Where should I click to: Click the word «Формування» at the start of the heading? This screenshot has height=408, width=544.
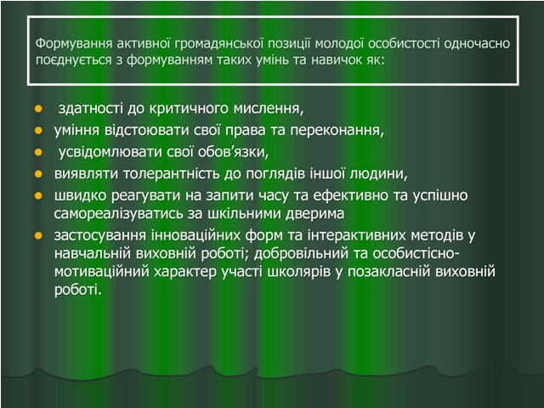pos(74,43)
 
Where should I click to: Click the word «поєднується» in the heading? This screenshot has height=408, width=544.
pos(74,60)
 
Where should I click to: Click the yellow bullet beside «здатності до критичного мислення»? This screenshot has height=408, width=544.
pos(38,109)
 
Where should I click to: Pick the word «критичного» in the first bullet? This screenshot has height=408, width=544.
pos(190,109)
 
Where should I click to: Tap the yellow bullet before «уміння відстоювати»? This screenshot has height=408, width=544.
pos(38,131)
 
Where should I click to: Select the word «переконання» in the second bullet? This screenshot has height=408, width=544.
pos(337,130)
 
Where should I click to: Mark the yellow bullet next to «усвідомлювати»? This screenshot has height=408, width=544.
pos(38,152)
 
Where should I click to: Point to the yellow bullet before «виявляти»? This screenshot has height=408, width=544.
pos(38,173)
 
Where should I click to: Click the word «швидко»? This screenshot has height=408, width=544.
pos(81,195)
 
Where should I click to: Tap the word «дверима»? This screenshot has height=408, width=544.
pos(315,213)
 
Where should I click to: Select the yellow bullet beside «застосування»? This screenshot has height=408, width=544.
pos(38,236)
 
